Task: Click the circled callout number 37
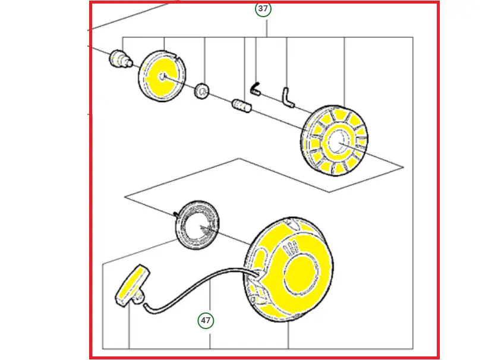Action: (x=263, y=8)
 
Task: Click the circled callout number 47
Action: (x=206, y=320)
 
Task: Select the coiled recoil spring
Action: (x=197, y=225)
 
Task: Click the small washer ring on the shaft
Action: (x=202, y=91)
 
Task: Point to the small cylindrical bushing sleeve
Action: (x=241, y=106)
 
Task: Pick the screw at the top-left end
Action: (x=120, y=58)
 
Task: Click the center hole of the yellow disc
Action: (x=162, y=77)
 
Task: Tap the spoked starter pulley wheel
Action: (x=335, y=140)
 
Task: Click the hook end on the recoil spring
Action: (x=175, y=214)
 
